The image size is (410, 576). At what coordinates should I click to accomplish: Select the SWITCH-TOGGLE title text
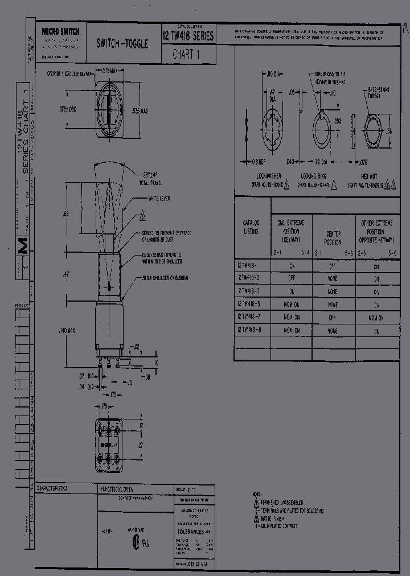click(122, 43)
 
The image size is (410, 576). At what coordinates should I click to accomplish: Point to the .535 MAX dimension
click(140, 110)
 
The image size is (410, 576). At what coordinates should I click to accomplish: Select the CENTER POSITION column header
click(333, 238)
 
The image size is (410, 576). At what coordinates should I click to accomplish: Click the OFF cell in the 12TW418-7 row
click(333, 318)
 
